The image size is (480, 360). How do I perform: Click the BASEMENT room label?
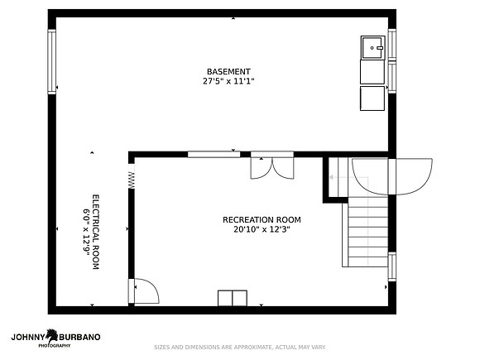point(228,72)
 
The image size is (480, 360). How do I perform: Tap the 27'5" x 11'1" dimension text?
point(228,81)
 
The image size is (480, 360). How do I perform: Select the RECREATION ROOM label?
point(262,220)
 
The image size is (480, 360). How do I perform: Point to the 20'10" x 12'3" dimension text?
point(262,229)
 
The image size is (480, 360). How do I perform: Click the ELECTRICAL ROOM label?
point(96,232)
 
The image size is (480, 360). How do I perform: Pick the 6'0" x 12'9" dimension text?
point(86,230)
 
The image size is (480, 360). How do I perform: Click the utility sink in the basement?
point(372,47)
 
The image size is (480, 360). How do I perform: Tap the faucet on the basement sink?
point(380,48)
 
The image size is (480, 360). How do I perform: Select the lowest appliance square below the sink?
point(372,98)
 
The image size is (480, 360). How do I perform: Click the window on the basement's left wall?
point(52,61)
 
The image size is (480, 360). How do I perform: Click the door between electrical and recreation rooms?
point(143,290)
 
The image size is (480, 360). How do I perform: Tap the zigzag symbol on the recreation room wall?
point(132,180)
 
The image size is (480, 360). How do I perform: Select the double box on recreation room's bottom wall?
point(233,298)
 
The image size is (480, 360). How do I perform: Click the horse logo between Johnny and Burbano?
point(52,336)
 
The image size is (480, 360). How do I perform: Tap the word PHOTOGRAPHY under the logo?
point(54,346)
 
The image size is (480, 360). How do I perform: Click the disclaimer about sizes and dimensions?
point(240,347)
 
